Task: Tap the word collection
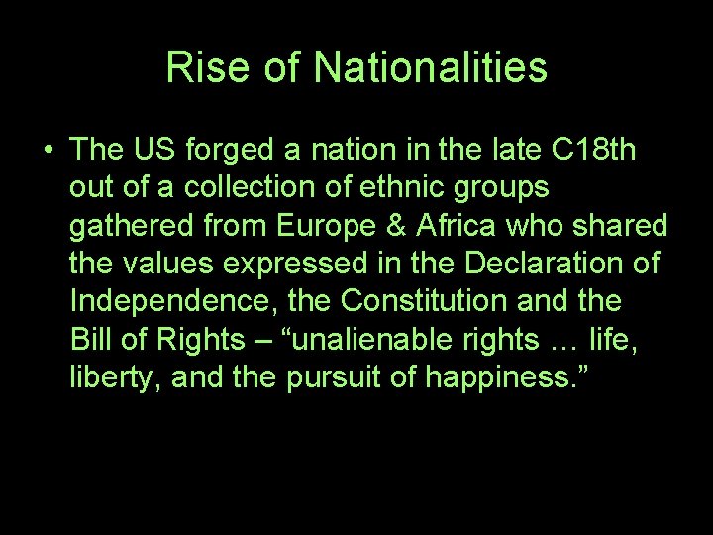coord(223,187)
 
